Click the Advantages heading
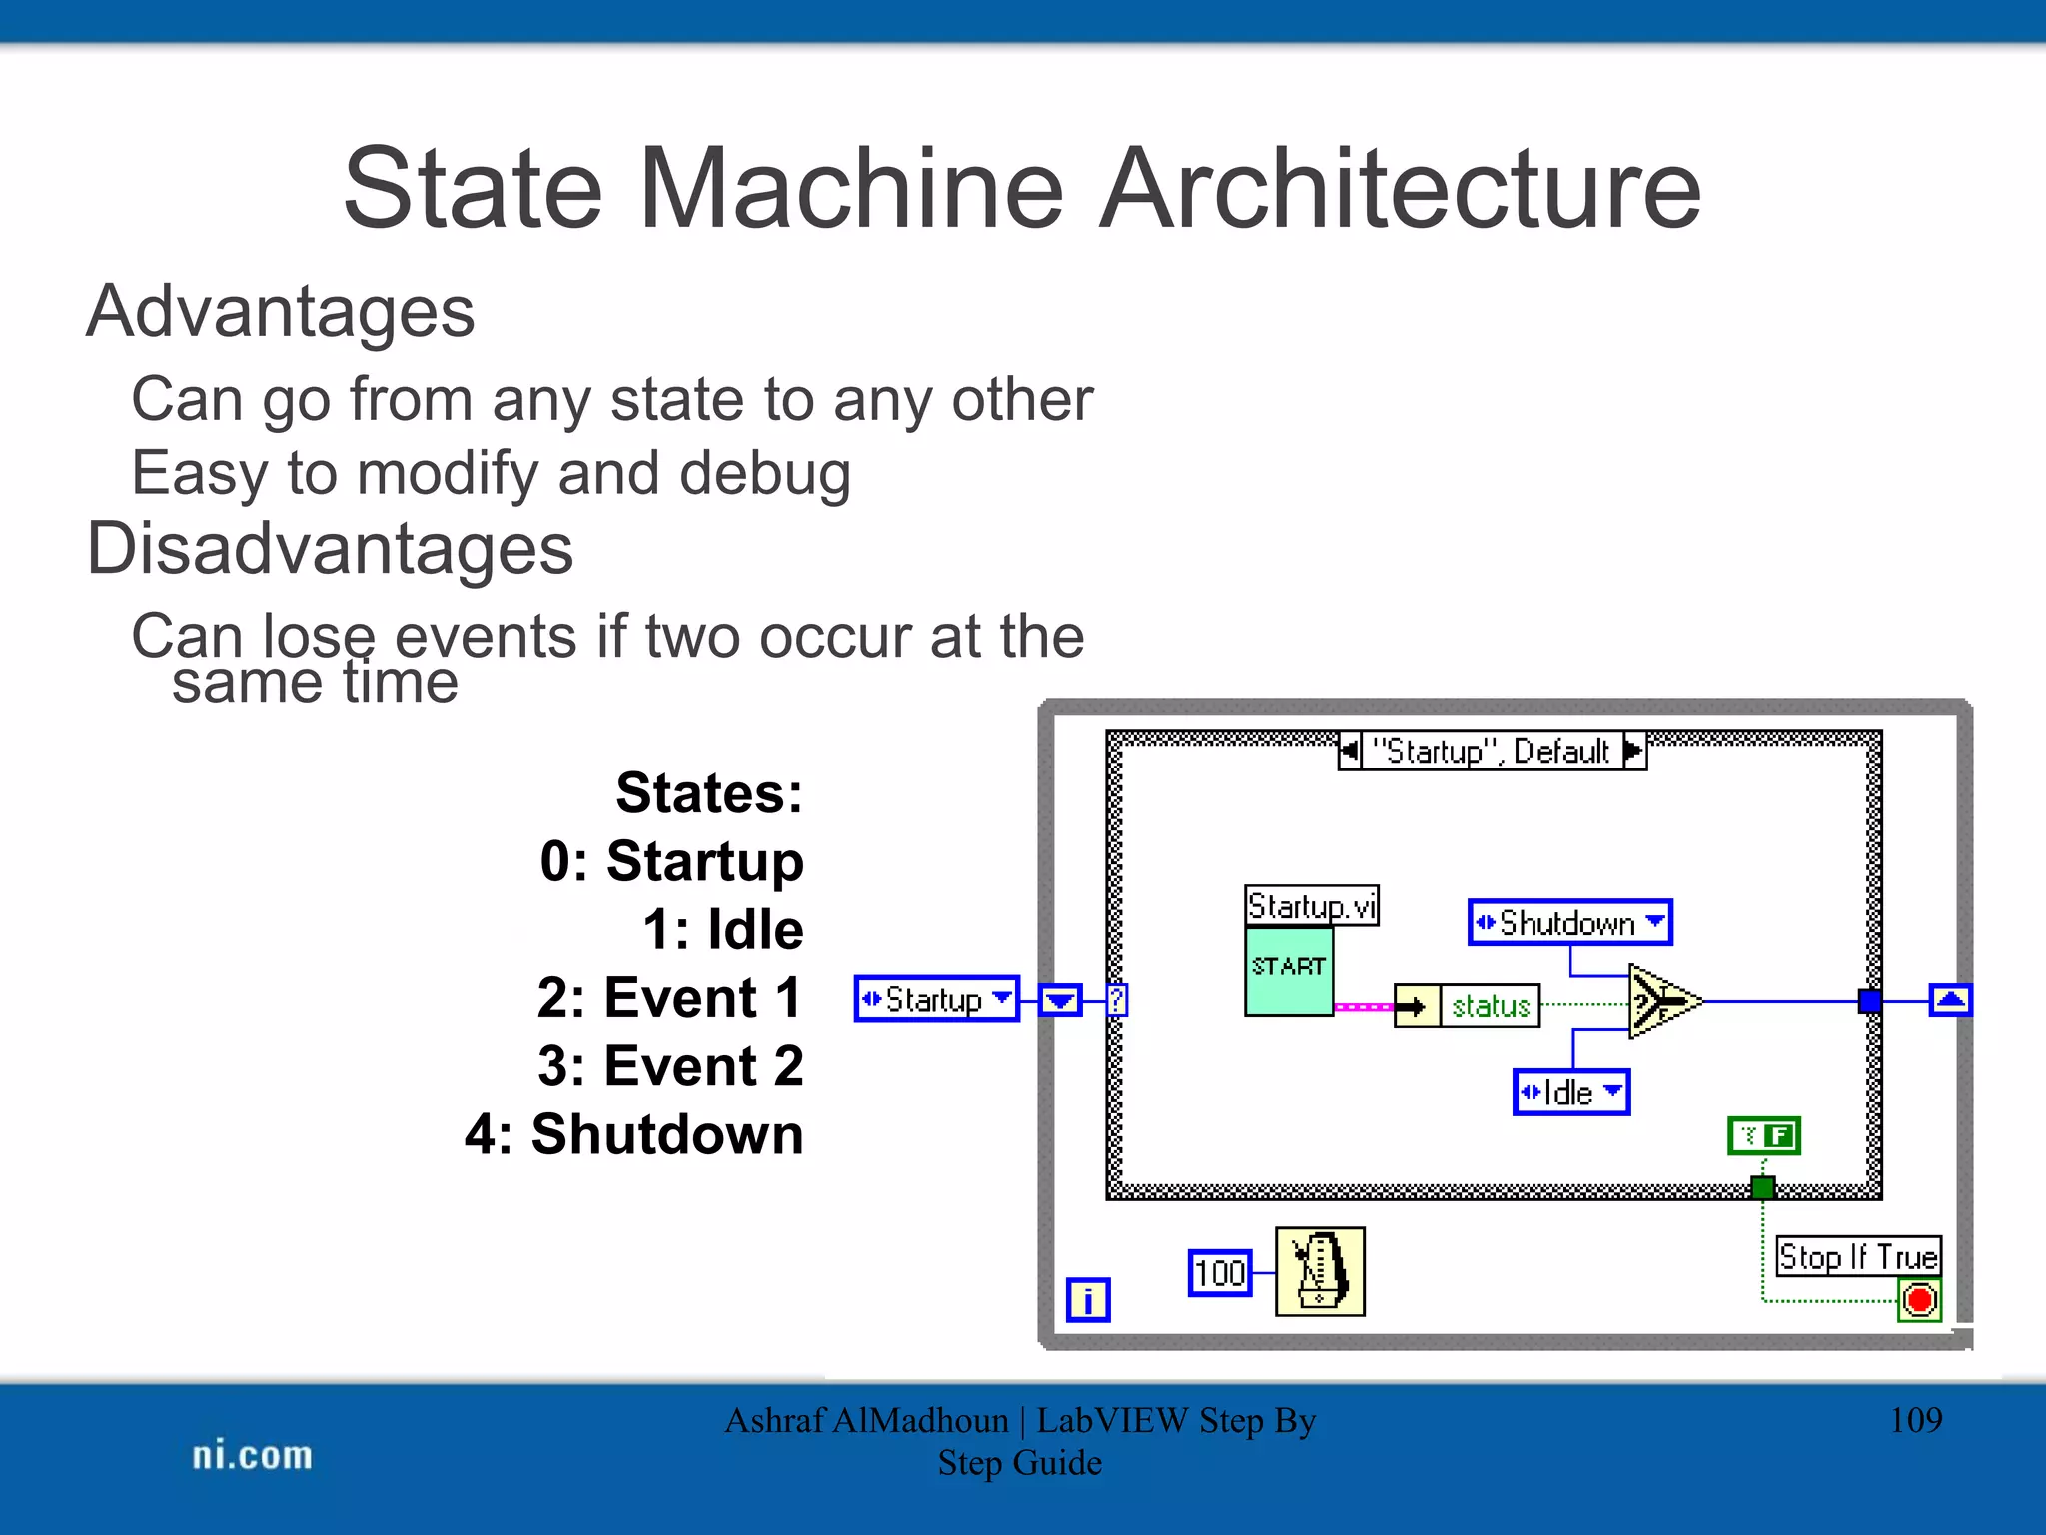[x=281, y=312]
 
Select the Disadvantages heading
[x=330, y=549]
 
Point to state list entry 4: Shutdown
[x=634, y=1134]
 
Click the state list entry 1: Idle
[x=722, y=929]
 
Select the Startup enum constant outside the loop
[x=936, y=999]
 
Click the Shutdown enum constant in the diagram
[x=1569, y=922]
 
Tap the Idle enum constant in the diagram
[x=1570, y=1092]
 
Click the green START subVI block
[x=1288, y=971]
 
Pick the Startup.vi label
[x=1311, y=905]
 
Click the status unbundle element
[x=1490, y=1005]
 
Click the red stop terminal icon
[x=1919, y=1300]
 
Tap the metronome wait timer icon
[x=1320, y=1271]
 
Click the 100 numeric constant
[x=1219, y=1273]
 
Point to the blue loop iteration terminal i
[x=1087, y=1300]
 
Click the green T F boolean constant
[x=1764, y=1136]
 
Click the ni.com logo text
[x=252, y=1455]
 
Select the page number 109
[x=1915, y=1420]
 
